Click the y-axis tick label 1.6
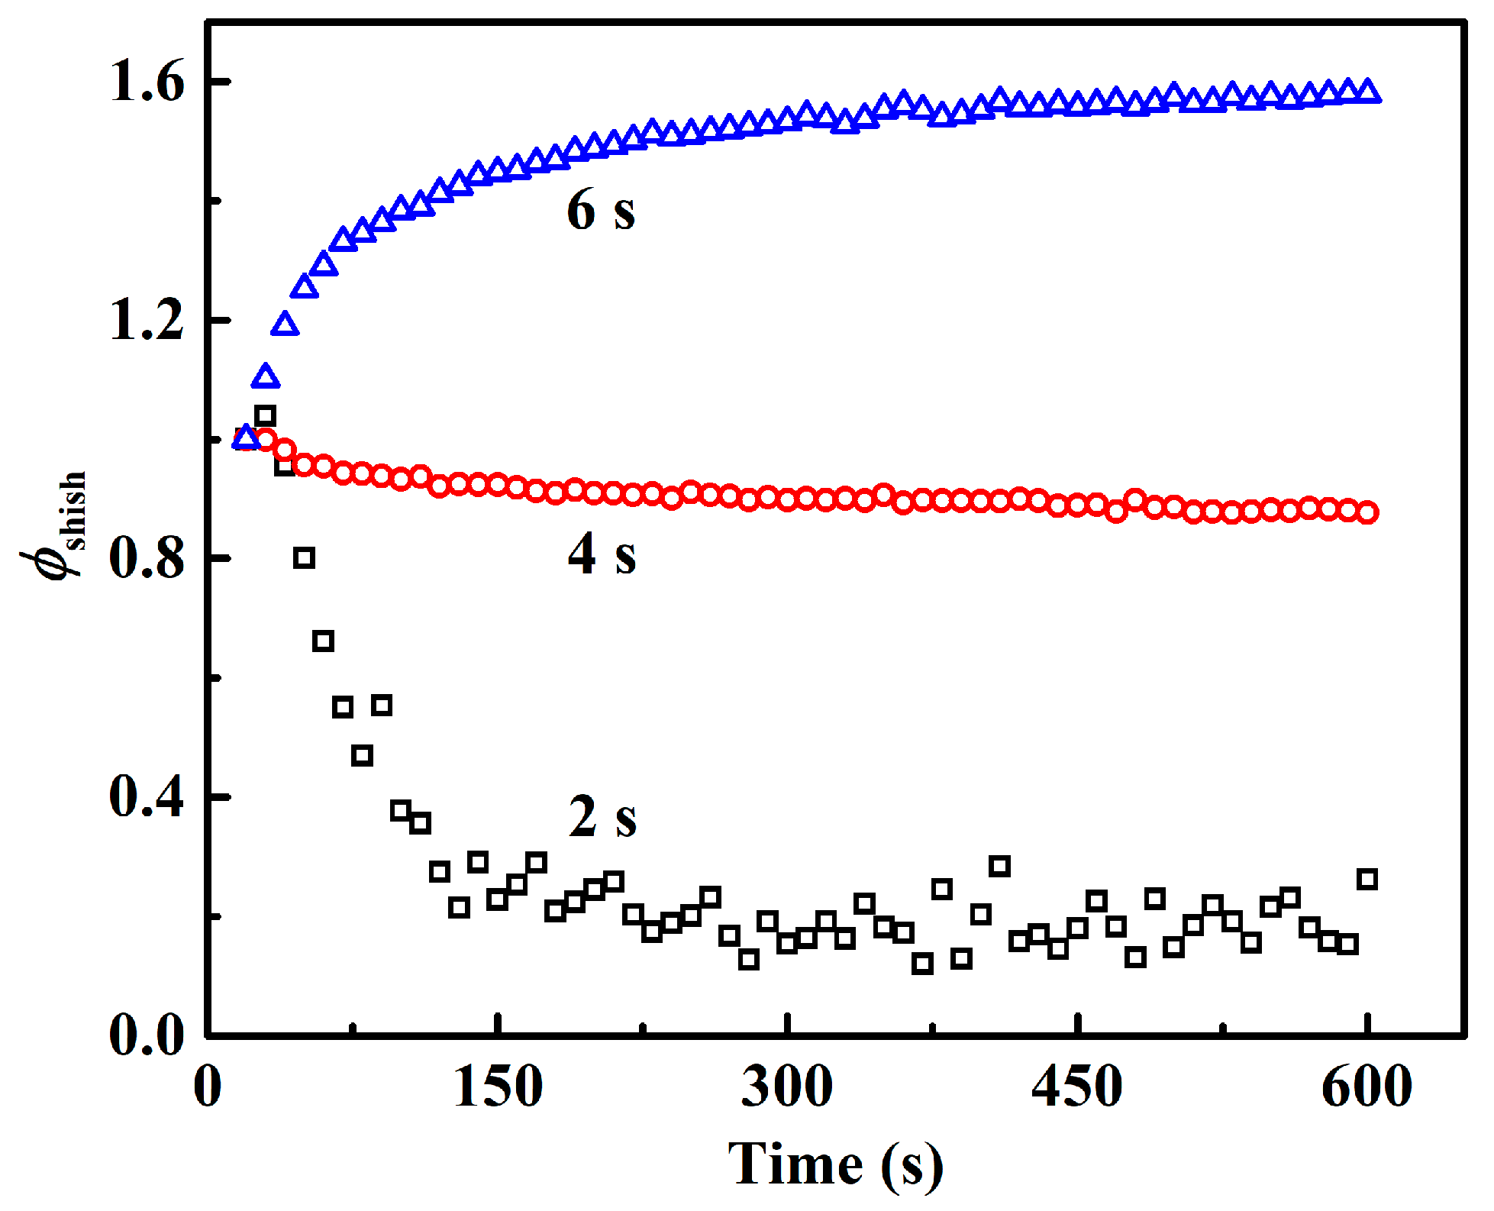point(147,81)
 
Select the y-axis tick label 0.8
point(147,557)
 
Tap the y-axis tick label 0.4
point(147,796)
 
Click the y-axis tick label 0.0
point(147,1035)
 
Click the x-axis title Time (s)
point(835,1164)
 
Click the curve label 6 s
point(601,210)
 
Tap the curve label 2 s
point(602,817)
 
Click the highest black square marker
point(265,416)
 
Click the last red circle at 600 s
point(1367,512)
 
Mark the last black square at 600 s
point(1367,879)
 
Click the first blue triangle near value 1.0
point(245,438)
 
